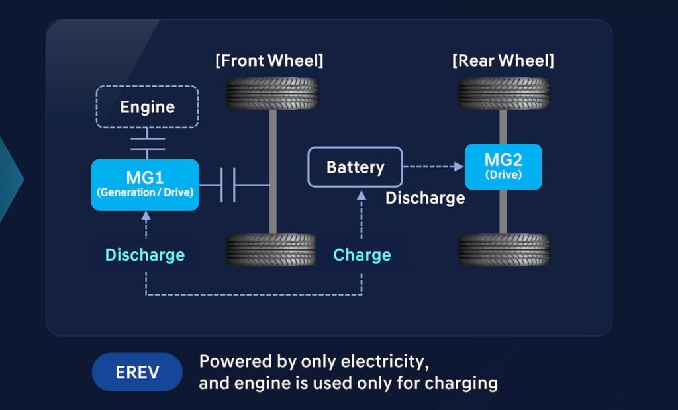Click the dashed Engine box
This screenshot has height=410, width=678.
pos(147,106)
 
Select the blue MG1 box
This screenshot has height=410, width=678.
pos(145,184)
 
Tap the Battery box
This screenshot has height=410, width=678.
pos(355,167)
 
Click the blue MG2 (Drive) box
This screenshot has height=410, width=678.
pos(503,167)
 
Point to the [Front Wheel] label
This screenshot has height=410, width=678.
pos(269,61)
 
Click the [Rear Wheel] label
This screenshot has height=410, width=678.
pos(503,61)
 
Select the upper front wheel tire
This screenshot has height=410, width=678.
pos(272,93)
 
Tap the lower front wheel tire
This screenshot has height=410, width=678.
pos(272,249)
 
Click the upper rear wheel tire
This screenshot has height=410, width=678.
pos(503,93)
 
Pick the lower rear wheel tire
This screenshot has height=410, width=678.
pos(503,249)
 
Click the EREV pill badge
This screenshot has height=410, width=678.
pos(137,372)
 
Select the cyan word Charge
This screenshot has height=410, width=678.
pos(362,255)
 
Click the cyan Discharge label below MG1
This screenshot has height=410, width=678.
pos(145,255)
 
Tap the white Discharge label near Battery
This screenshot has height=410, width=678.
pos(425,198)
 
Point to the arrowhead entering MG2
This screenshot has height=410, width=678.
pos(459,167)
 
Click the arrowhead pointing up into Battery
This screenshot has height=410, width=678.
pos(362,194)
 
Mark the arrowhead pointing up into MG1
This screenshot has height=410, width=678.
pos(146,216)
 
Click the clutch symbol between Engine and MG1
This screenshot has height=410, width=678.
pos(147,143)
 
